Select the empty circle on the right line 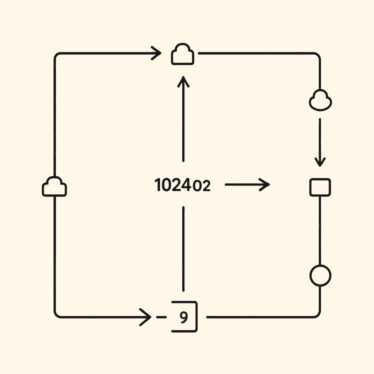[x=320, y=275]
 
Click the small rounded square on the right [x=320, y=187]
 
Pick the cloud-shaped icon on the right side [x=320, y=100]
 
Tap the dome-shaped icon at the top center [x=183, y=55]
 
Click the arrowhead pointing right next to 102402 [x=266, y=185]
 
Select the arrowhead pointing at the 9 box [x=147, y=317]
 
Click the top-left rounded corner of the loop [x=57, y=56]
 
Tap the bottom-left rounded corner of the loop [x=57, y=314]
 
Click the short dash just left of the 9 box [x=159, y=317]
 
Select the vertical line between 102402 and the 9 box [x=183, y=248]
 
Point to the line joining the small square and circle [x=320, y=230]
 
